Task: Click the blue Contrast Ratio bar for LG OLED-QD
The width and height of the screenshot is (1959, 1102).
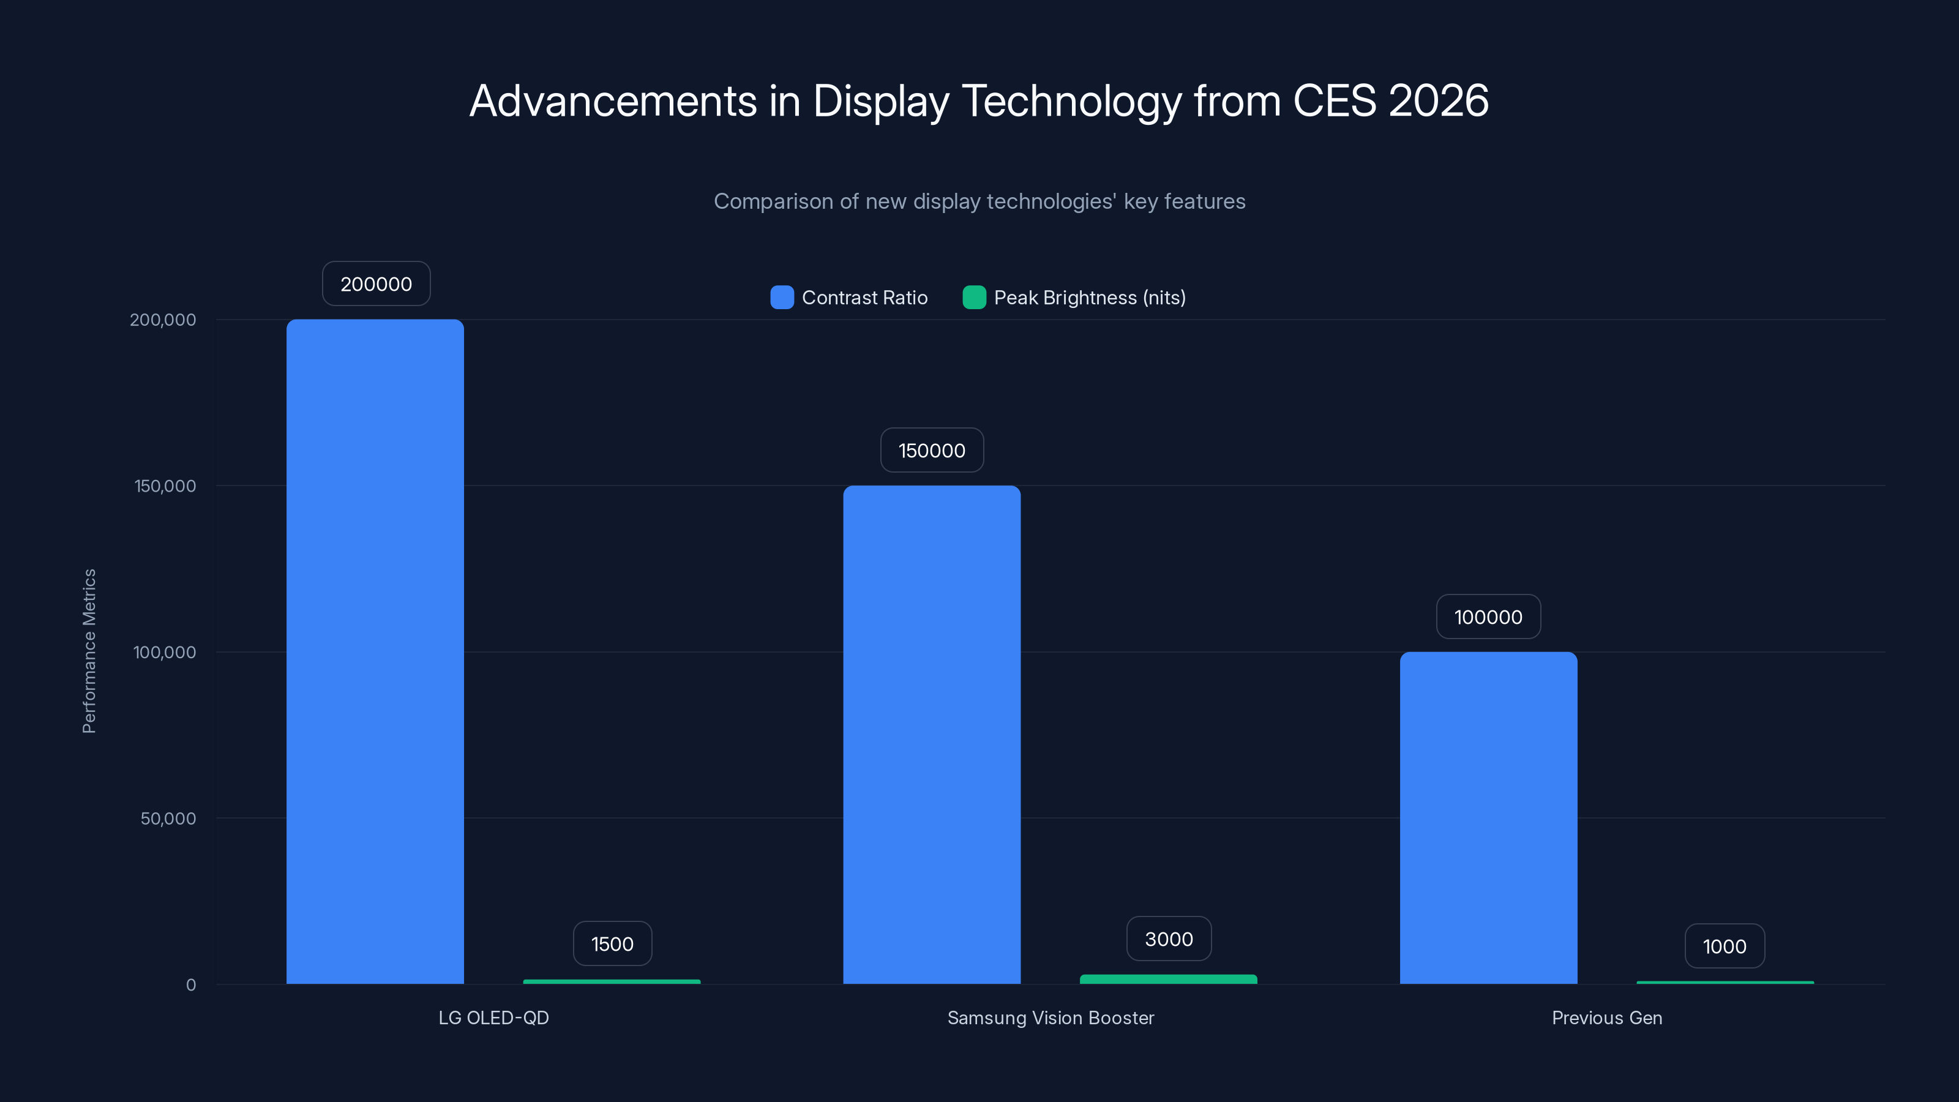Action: click(x=375, y=651)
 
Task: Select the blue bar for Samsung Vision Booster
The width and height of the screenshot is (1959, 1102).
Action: click(x=932, y=734)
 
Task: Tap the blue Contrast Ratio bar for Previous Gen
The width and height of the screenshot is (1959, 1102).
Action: click(x=1488, y=817)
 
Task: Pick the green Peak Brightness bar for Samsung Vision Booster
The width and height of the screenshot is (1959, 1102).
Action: click(x=1168, y=980)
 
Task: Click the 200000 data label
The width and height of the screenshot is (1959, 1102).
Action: click(x=376, y=283)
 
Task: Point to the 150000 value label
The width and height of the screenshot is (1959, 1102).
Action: click(x=932, y=450)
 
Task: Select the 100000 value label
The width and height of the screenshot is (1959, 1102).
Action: click(x=1488, y=617)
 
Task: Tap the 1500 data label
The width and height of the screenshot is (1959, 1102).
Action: click(x=612, y=944)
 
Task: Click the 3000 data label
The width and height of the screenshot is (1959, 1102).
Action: click(x=1169, y=939)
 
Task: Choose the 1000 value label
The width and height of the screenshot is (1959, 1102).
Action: click(x=1725, y=946)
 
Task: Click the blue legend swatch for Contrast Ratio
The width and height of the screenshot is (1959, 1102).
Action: click(x=782, y=298)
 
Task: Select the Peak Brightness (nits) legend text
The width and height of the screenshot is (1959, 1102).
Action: click(x=1090, y=298)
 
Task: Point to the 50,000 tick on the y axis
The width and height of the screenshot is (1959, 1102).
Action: click(x=168, y=819)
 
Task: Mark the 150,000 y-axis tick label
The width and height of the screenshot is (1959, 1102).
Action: click(x=165, y=486)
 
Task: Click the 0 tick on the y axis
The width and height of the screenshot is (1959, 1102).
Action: click(x=191, y=985)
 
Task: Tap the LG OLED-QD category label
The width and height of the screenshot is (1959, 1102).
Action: click(x=493, y=1018)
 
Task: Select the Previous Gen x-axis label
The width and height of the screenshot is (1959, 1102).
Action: click(x=1607, y=1018)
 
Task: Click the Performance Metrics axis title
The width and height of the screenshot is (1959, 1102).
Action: click(x=89, y=651)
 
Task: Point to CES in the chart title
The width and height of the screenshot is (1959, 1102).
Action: click(x=1335, y=101)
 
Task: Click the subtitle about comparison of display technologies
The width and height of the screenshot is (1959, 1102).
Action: click(x=979, y=201)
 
